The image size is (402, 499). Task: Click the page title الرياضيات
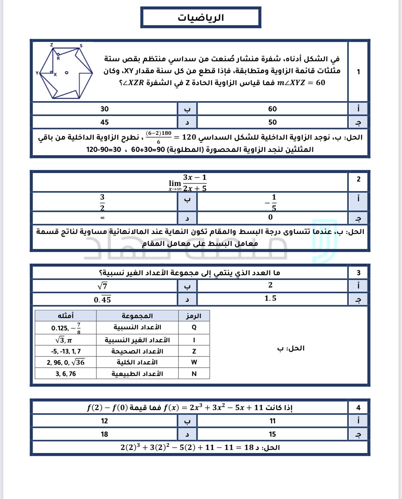point(200,18)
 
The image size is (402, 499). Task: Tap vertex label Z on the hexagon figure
point(51,45)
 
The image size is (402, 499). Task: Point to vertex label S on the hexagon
point(81,46)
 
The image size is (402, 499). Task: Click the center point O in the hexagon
point(66,73)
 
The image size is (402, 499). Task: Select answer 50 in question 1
point(272,122)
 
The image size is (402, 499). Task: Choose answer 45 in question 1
point(104,122)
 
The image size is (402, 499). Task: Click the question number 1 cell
point(358,72)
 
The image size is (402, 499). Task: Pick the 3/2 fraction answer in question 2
point(102,202)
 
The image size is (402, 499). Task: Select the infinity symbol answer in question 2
point(102,218)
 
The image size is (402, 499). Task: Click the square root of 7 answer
point(103,286)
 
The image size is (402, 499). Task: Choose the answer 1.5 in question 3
point(270,298)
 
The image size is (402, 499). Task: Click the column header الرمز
point(194,316)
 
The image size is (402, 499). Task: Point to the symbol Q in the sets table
point(194,327)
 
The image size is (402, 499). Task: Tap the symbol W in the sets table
point(194,362)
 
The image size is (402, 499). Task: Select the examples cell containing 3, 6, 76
point(66,374)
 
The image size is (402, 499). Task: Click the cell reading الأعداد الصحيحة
point(137,351)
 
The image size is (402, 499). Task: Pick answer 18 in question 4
point(104,434)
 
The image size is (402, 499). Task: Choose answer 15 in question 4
point(272,434)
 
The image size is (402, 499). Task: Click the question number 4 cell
point(358,408)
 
